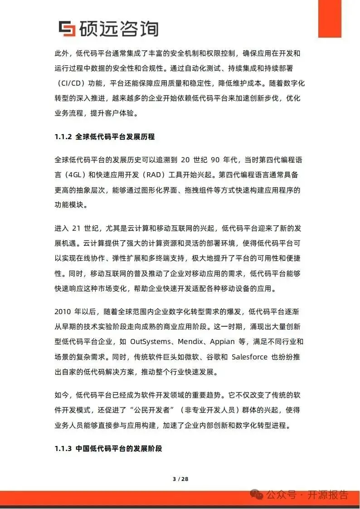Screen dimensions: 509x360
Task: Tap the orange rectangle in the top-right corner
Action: [x=329, y=18]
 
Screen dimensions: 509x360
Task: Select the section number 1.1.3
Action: [x=63, y=449]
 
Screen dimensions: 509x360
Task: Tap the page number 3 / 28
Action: [x=180, y=479]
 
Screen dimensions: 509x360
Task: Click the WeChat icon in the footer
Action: [x=257, y=494]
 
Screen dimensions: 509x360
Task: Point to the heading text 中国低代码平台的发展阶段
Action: [x=119, y=449]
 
